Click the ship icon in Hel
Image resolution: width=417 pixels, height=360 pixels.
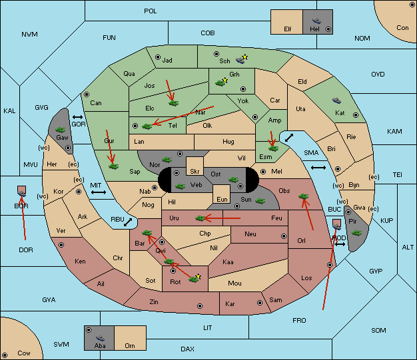[x=316, y=21]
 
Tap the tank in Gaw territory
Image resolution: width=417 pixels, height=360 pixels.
[x=61, y=130]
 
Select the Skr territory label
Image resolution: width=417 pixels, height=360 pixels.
[x=195, y=172]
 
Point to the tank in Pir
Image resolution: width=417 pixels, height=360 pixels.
[x=356, y=233]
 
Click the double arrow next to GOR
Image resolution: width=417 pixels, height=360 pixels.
[x=77, y=117]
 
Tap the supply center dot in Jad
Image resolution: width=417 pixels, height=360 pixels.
[x=158, y=57]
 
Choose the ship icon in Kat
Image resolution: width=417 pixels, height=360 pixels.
[x=336, y=100]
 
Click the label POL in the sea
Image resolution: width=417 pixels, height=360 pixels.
[x=151, y=11]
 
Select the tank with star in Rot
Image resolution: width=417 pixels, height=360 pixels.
[x=195, y=279]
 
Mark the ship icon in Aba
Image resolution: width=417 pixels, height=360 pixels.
[x=100, y=338]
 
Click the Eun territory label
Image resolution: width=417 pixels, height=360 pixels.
[x=222, y=199]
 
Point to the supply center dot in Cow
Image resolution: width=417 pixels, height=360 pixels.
[x=5, y=355]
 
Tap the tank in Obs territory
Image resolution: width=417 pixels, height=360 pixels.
[x=303, y=196]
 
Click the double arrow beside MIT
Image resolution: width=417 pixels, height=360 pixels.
[x=99, y=192]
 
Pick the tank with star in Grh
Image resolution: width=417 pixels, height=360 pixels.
[x=221, y=83]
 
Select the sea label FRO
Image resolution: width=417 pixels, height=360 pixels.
[x=299, y=321]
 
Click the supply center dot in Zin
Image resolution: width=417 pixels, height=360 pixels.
[x=200, y=306]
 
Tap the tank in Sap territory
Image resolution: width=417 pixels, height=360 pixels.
[x=113, y=166]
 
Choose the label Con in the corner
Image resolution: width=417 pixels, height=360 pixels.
[x=402, y=28]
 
